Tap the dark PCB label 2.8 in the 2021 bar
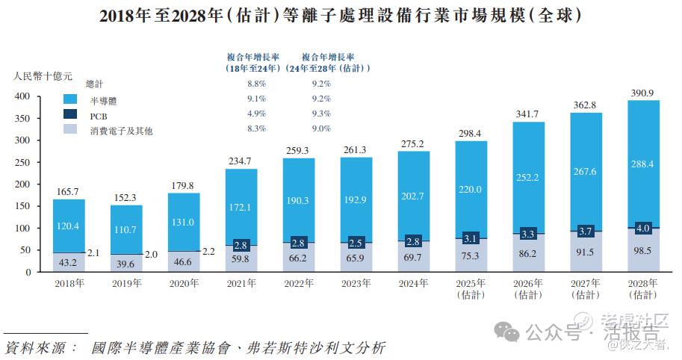241,244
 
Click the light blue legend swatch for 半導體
73,99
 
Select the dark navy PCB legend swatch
73,115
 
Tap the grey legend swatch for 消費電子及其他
73,130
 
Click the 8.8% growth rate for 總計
256,84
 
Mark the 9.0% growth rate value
320,128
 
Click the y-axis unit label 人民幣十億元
43,75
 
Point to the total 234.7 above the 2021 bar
241,161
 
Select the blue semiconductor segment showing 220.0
471,190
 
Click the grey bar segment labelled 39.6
125,264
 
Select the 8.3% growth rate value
256,128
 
